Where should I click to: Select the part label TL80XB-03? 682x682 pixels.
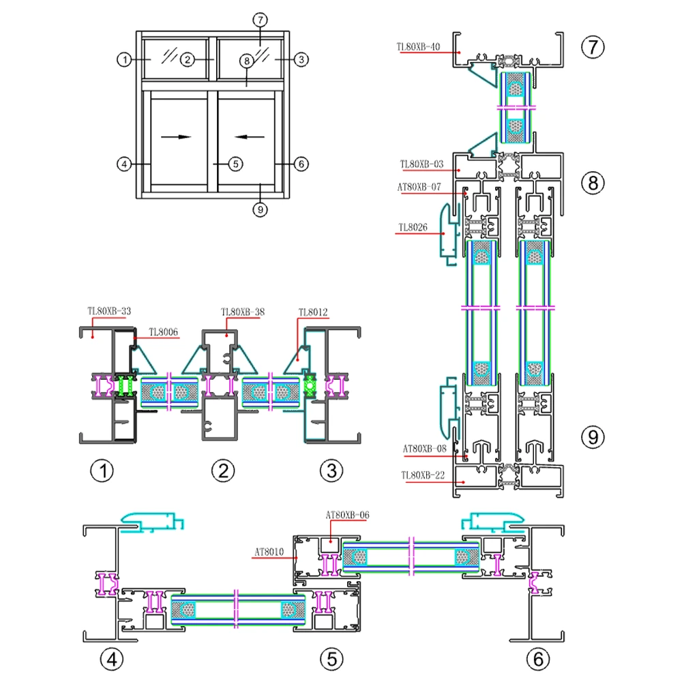421,164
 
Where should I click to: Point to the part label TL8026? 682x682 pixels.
413,227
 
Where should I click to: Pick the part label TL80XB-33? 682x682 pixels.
109,310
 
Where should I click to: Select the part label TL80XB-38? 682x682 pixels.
243,312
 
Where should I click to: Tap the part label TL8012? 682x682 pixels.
313,313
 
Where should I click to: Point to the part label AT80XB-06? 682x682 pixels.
348,515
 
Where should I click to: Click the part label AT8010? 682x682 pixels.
269,551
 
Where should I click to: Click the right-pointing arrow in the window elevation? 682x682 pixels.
176,136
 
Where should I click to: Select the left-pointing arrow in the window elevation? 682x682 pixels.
251,136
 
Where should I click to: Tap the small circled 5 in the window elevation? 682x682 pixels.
235,164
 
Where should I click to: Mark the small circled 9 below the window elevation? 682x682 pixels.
258,209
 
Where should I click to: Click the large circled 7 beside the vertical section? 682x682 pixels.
593,47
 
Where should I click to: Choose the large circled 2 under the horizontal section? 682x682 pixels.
223,470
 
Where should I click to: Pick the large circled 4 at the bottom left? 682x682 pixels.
112,659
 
